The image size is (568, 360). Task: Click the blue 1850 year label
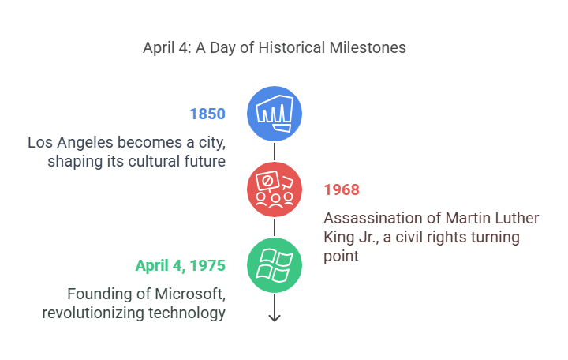pos(207,114)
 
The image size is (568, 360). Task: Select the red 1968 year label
pos(342,189)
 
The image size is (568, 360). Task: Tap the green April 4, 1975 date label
pos(181,265)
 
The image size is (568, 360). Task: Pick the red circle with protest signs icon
pos(275,189)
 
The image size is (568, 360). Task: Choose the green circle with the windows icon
pos(275,265)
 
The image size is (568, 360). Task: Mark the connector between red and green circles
pos(275,227)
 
